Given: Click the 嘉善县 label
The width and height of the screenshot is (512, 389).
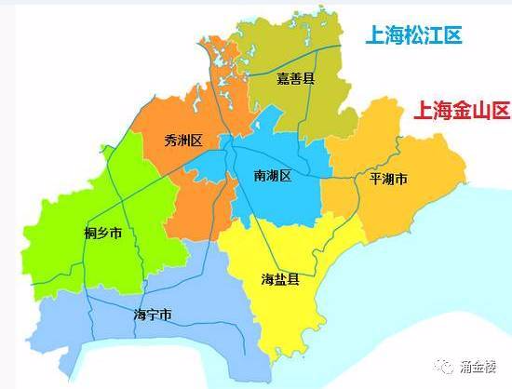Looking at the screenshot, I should tap(296, 79).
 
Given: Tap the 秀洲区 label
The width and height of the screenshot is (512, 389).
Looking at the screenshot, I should tap(182, 141).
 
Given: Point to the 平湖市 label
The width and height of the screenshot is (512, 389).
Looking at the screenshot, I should tap(388, 179).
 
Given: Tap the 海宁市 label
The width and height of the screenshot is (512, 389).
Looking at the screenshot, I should tap(153, 315).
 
